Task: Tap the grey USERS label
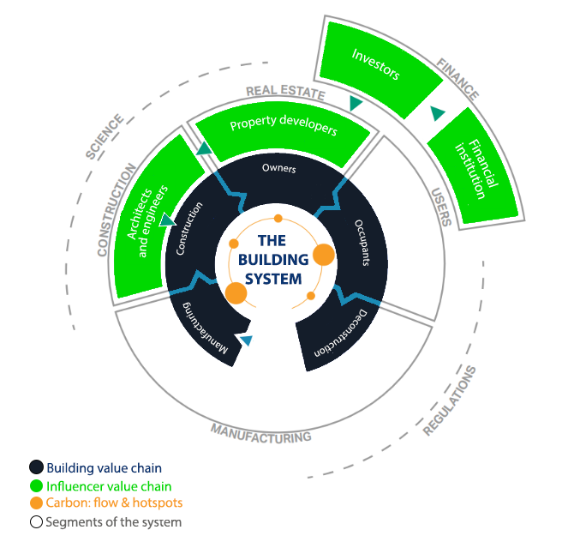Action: pos(439,205)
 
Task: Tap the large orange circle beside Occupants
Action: pos(323,255)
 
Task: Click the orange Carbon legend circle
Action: pos(36,503)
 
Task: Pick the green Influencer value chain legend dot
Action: pos(36,485)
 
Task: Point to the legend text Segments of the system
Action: pos(113,521)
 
